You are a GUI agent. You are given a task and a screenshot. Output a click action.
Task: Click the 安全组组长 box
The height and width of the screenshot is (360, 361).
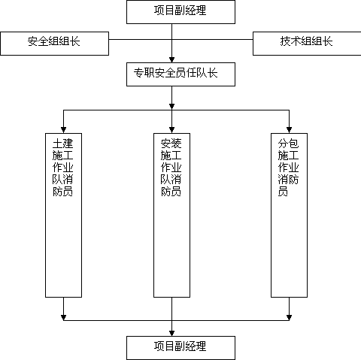(x=54, y=44)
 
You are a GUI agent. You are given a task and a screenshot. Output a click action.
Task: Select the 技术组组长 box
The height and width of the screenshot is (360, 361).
(x=307, y=44)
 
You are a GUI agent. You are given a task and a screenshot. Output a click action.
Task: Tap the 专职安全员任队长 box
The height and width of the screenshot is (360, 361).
(x=180, y=74)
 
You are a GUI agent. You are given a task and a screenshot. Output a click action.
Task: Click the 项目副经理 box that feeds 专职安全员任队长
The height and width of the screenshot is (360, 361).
(x=180, y=12)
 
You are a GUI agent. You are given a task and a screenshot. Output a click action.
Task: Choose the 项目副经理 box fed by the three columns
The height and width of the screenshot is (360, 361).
(x=180, y=348)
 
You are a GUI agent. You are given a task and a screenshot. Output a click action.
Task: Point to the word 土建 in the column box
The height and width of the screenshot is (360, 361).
(x=62, y=144)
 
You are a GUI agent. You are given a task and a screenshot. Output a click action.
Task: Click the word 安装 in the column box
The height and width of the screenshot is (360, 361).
(x=171, y=144)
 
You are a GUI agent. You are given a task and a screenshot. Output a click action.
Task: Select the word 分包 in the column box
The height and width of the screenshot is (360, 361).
(x=288, y=144)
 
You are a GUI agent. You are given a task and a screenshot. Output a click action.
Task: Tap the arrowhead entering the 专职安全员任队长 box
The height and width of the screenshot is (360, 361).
(x=171, y=60)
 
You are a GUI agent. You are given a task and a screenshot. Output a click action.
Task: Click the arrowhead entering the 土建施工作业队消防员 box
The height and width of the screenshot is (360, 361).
(x=63, y=130)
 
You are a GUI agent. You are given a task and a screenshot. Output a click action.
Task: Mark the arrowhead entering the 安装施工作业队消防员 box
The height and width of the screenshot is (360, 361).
(x=171, y=130)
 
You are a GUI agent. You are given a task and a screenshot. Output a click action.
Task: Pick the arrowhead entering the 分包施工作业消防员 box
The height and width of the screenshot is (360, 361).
(x=289, y=130)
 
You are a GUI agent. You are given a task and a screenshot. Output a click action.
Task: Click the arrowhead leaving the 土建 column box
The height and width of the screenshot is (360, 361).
(x=63, y=318)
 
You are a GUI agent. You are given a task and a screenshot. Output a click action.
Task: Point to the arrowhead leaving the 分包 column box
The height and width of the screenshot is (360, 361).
(x=289, y=318)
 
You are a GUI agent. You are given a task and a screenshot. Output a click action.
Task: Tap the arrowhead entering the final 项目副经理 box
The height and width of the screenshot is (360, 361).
(x=171, y=334)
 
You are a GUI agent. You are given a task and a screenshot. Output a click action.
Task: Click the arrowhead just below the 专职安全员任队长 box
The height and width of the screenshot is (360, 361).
(x=171, y=107)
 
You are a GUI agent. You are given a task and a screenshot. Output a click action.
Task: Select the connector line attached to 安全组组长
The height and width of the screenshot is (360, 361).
(x=141, y=39)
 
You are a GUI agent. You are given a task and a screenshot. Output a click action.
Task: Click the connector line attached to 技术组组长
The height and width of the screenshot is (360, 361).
(x=212, y=39)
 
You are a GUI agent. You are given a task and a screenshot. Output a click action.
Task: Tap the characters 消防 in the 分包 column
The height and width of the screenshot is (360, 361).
(x=288, y=180)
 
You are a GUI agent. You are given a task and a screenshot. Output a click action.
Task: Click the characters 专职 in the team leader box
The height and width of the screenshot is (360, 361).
(x=144, y=73)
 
